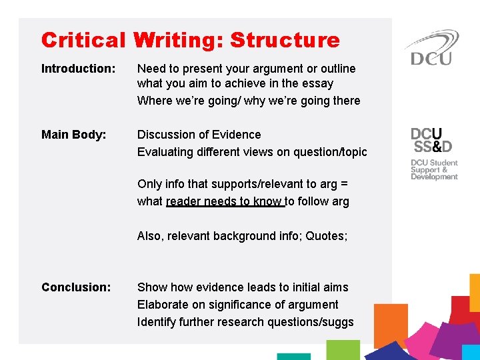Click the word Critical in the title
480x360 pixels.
(83, 41)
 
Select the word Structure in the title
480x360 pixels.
(285, 41)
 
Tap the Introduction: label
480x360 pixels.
(78, 69)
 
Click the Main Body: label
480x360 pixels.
(73, 135)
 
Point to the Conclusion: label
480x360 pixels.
(76, 287)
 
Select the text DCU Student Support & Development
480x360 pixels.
(434, 169)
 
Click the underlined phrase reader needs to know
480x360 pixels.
(225, 201)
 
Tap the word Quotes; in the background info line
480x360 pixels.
(327, 236)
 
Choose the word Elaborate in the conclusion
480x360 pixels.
(163, 305)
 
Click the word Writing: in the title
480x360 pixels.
(178, 41)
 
